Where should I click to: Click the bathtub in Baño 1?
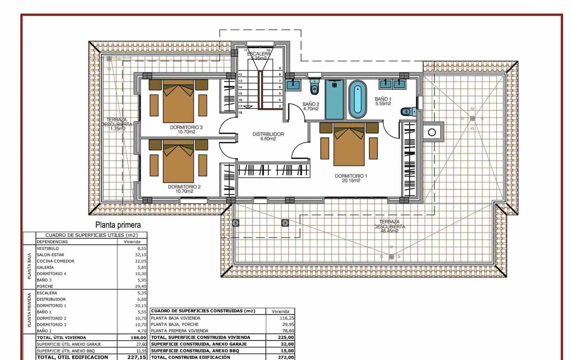click(357, 99)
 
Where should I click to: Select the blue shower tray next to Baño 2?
click(335, 99)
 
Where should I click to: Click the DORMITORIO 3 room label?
click(186, 127)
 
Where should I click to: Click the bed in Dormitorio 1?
click(349, 146)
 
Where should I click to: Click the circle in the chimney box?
click(432, 133)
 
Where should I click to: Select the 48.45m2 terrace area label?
click(389, 231)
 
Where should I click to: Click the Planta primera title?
click(118, 225)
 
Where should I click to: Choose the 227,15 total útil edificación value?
click(137, 357)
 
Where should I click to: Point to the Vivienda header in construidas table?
click(280, 311)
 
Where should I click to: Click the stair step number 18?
click(240, 113)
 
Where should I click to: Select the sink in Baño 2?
click(295, 84)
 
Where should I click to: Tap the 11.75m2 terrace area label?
click(117, 129)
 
